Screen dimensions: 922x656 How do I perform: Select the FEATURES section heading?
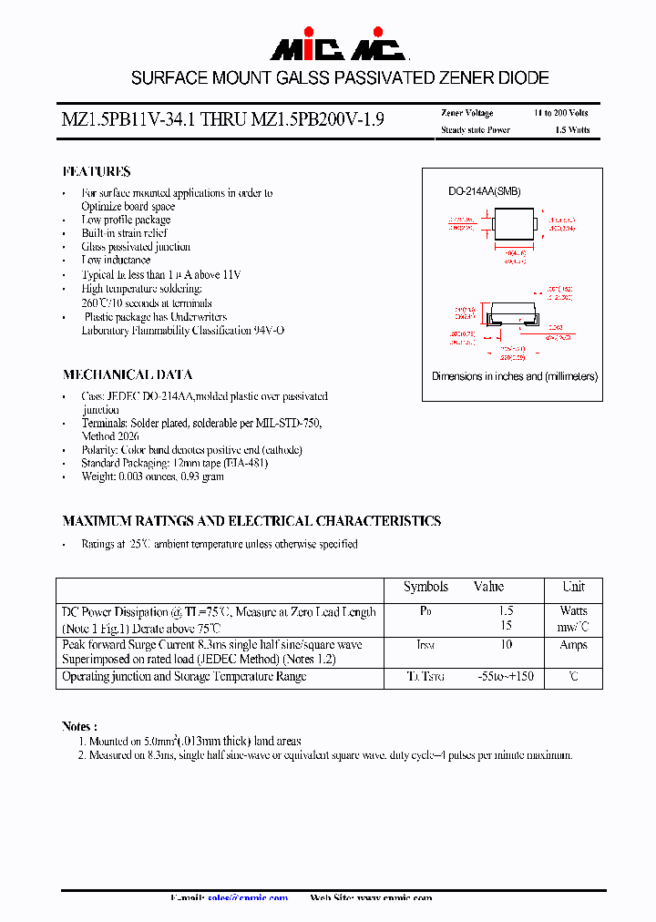point(97,171)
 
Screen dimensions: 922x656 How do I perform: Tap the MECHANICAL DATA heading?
point(128,374)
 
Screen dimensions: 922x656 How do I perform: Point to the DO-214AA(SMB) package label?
point(484,192)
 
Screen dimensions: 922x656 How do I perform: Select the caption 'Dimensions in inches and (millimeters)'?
point(515,376)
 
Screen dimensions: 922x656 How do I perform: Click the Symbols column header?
point(425,587)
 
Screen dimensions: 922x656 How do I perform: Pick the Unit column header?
point(573,587)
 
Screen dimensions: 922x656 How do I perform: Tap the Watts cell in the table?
point(573,610)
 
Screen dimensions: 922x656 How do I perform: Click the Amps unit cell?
point(573,645)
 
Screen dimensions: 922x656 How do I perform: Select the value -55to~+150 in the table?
point(506,677)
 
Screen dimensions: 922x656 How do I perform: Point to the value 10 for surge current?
point(506,645)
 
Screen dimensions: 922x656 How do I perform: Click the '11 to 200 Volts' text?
point(561,113)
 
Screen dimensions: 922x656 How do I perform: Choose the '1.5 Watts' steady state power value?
point(572,130)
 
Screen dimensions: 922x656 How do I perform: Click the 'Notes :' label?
point(79,726)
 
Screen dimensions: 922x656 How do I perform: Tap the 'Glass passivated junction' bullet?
point(136,247)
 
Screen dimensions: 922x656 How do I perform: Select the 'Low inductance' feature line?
point(116,261)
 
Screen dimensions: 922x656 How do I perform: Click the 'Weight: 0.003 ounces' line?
point(152,476)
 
